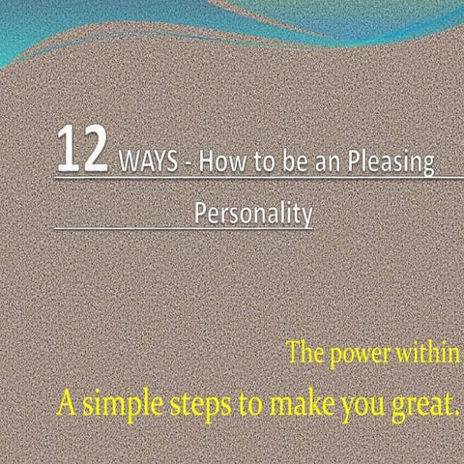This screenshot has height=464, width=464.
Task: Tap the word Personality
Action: tap(253, 212)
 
